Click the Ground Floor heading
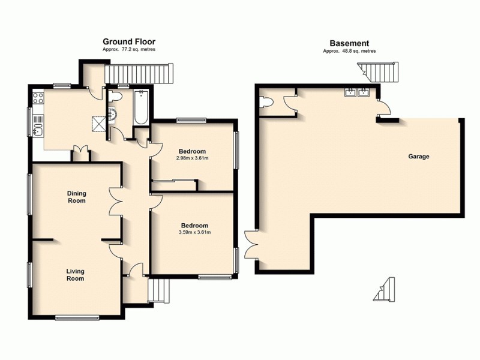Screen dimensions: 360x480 [x=129, y=42]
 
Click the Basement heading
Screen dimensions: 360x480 [x=349, y=43]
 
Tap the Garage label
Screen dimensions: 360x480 [x=419, y=156]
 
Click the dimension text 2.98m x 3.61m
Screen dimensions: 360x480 [x=193, y=158]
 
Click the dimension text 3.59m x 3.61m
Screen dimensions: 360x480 [x=194, y=232]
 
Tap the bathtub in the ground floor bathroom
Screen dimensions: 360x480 [x=140, y=107]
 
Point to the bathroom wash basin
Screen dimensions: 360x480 [x=112, y=113]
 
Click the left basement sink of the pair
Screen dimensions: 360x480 [x=349, y=92]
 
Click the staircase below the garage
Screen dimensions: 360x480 [x=384, y=290]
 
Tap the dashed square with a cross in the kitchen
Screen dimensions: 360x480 [x=97, y=124]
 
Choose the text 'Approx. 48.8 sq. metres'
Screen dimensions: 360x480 [x=349, y=52]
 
